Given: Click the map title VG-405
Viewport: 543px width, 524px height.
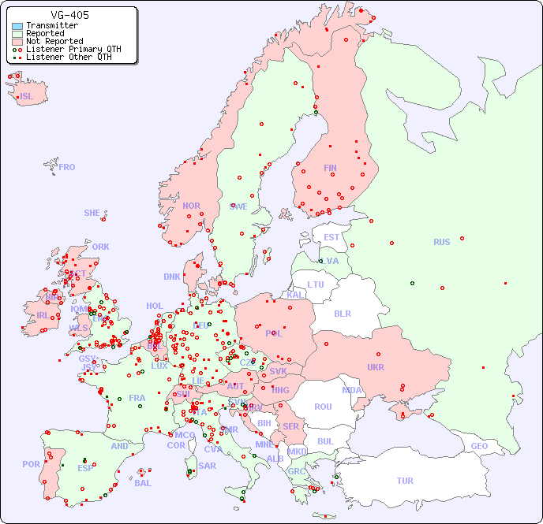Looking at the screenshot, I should pos(69,15).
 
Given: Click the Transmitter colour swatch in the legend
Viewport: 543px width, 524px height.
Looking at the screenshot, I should pos(17,26).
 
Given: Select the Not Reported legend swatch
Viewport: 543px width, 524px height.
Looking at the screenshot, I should pos(17,41).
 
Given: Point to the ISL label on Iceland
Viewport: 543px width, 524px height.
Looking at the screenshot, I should pos(27,97).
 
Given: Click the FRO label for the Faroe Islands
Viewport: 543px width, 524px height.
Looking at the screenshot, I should pos(67,167).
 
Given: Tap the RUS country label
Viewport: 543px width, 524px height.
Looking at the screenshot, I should pos(441,242).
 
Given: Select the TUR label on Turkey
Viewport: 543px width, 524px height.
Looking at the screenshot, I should pos(405,481).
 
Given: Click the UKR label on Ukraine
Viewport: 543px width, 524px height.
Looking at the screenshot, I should pos(376,367).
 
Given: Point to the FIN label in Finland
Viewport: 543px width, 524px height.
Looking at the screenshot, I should pos(330,168).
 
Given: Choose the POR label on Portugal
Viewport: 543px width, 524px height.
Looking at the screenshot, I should pos(31,464).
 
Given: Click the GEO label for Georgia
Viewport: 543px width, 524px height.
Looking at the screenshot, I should pos(479,446).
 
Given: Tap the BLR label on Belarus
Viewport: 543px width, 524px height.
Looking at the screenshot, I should pos(342,313).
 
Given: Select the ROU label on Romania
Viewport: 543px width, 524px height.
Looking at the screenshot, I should pos(323,407).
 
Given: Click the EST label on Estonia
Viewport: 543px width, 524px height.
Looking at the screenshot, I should pos(331,237).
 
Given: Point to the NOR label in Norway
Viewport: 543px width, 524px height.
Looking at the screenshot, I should pos(191,206).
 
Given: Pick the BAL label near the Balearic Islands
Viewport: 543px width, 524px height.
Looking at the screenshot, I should pos(142,483).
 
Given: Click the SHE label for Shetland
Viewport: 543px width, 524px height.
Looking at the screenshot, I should pos(92,213).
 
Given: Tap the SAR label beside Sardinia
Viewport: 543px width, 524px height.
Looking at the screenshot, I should pos(207,466).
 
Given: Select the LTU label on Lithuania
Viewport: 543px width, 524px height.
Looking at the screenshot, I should pos(316,284).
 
